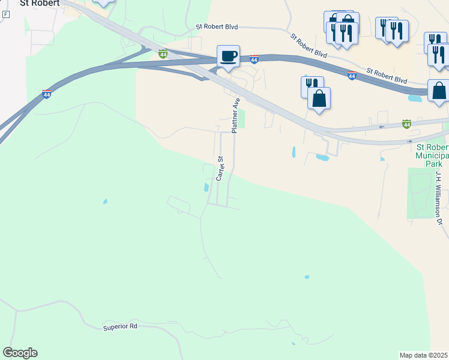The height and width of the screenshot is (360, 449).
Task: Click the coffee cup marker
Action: click(228, 56)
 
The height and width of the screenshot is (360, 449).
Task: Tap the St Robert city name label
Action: click(40, 3)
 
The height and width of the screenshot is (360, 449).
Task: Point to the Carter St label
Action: click(220, 169)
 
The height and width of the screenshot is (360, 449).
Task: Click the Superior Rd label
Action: click(120, 326)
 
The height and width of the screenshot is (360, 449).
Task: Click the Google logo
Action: click(20, 353)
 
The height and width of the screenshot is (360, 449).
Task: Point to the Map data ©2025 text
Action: click(424, 355)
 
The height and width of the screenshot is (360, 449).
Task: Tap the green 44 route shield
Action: click(406, 124)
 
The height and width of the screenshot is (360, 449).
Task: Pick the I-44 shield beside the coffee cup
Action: click(254, 59)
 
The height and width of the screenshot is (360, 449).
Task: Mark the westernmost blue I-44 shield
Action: click(46, 94)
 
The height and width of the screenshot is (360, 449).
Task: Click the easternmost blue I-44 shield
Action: click(352, 76)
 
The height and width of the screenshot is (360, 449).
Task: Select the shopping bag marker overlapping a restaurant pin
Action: click(319, 98)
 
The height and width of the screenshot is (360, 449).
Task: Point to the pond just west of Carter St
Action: click(206, 187)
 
